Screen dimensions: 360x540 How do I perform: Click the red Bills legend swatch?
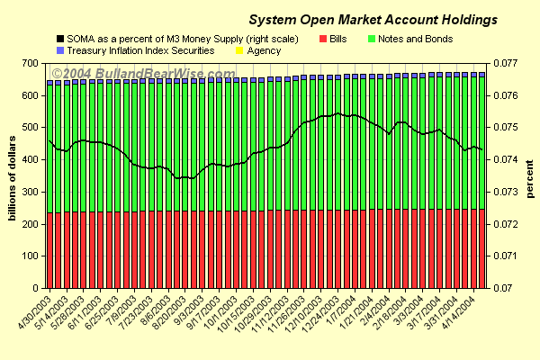[323, 39]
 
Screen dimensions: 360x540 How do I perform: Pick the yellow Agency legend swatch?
[238, 50]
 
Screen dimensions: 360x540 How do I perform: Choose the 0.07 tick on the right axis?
[504, 288]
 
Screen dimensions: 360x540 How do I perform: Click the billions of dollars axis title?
[13, 175]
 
